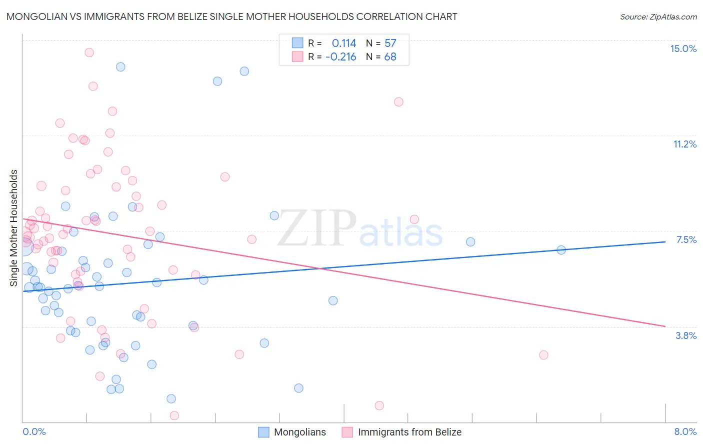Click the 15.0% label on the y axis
tap(683, 48)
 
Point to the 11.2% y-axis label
tap(684, 144)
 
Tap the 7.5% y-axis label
tap(686, 239)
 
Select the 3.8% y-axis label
tap(686, 335)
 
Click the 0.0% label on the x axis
tap(34, 431)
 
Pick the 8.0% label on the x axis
tap(685, 431)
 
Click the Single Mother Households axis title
tap(14, 228)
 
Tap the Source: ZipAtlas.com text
tap(658, 16)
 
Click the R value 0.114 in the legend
tap(344, 43)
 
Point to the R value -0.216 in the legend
tap(341, 56)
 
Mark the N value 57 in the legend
tap(390, 43)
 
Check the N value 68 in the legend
tap(390, 56)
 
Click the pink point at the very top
tap(89, 52)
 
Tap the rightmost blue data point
tap(561, 250)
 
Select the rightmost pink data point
tap(543, 355)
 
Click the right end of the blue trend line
tap(665, 241)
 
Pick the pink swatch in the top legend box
tap(297, 56)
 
